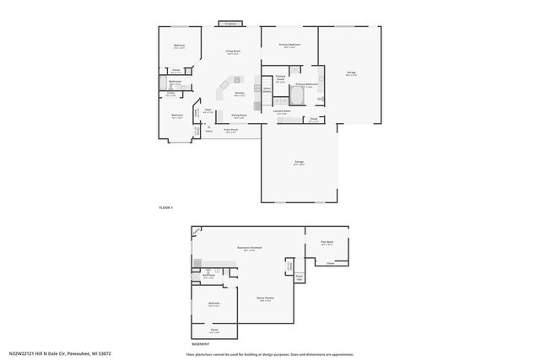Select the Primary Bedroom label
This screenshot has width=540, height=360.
[x=290, y=44]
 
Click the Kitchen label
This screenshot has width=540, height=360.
[x=240, y=93]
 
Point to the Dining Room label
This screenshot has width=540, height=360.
[x=239, y=116]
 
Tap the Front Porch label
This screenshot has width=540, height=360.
[x=231, y=130]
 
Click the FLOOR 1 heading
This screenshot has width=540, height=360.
[x=166, y=207]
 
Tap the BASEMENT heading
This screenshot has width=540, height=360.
[x=201, y=344]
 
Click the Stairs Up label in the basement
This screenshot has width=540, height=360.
[x=299, y=276]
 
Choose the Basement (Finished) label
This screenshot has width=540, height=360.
[x=250, y=247]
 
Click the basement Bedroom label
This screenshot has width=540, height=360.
[x=214, y=303]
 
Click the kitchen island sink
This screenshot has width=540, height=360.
[x=225, y=85]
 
